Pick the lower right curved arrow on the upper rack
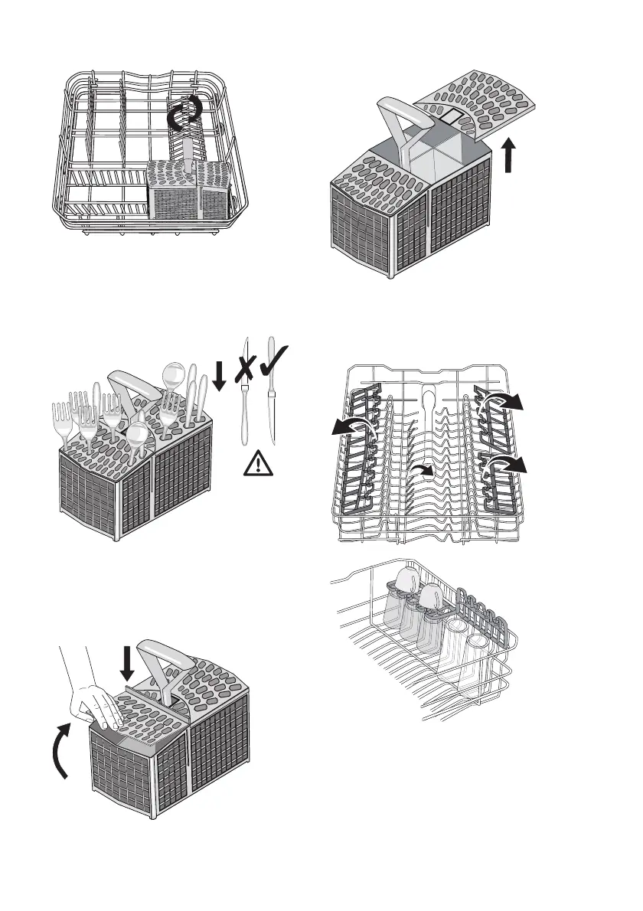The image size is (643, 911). click(x=511, y=464)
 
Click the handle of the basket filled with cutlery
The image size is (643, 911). click(x=131, y=382)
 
